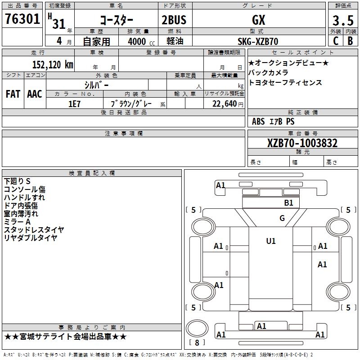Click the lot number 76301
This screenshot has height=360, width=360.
[22, 19]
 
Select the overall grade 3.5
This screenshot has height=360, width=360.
[343, 21]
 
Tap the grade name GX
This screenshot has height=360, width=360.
[258, 20]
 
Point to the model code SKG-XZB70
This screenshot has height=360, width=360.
[258, 41]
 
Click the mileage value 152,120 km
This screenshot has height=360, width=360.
[53, 65]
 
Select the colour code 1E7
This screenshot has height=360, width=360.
[74, 104]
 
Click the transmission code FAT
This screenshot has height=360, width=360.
[13, 94]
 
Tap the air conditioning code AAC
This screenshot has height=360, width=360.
[35, 94]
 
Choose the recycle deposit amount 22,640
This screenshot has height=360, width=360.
[225, 104]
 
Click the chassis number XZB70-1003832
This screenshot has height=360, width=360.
[302, 143]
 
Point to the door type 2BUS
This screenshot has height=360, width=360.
[174, 20]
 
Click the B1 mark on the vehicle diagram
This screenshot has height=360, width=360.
[288, 203]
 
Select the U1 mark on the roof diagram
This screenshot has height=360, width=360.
[271, 241]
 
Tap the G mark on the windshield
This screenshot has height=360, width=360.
[282, 218]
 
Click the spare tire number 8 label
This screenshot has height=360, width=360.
[197, 342]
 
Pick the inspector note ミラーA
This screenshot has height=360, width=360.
[17, 221]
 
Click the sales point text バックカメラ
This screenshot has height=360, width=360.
[268, 72]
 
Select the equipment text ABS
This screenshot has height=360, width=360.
[258, 121]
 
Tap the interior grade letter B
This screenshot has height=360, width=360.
[350, 41]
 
